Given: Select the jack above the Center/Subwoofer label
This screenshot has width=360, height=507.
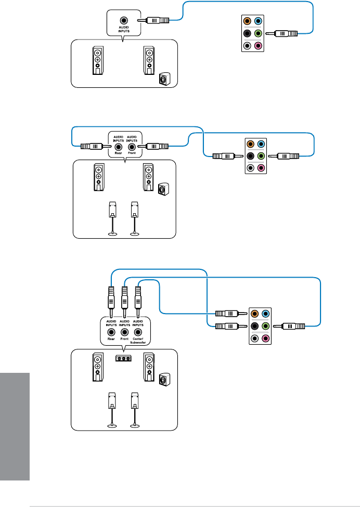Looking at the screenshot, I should [x=138, y=332].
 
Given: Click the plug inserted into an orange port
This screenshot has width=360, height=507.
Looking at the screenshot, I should [x=227, y=314].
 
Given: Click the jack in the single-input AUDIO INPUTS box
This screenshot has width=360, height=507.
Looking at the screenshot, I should [x=124, y=21].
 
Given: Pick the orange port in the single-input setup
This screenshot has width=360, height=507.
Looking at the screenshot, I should [x=248, y=21].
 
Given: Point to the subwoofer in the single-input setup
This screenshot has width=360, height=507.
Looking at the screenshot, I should [x=164, y=80].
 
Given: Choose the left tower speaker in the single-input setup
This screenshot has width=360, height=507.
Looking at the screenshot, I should [x=97, y=61].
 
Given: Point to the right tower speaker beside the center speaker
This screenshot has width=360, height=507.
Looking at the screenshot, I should [x=148, y=368].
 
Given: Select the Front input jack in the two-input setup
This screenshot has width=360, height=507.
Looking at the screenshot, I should [x=132, y=147].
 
